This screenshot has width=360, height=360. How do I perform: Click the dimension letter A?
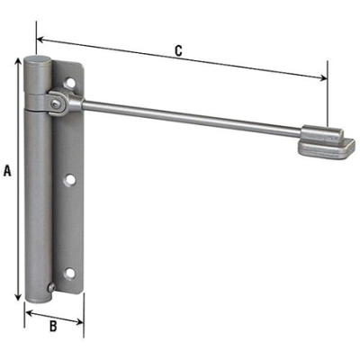pyautogui.click(x=7, y=169)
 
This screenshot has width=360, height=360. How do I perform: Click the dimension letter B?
pyautogui.click(x=53, y=327)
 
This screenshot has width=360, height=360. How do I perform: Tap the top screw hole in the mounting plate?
pyautogui.click(x=71, y=87)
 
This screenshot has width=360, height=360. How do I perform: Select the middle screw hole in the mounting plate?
pyautogui.click(x=70, y=181)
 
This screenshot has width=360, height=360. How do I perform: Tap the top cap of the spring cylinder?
pyautogui.click(x=39, y=64)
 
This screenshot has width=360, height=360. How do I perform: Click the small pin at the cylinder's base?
pyautogui.click(x=53, y=290)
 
